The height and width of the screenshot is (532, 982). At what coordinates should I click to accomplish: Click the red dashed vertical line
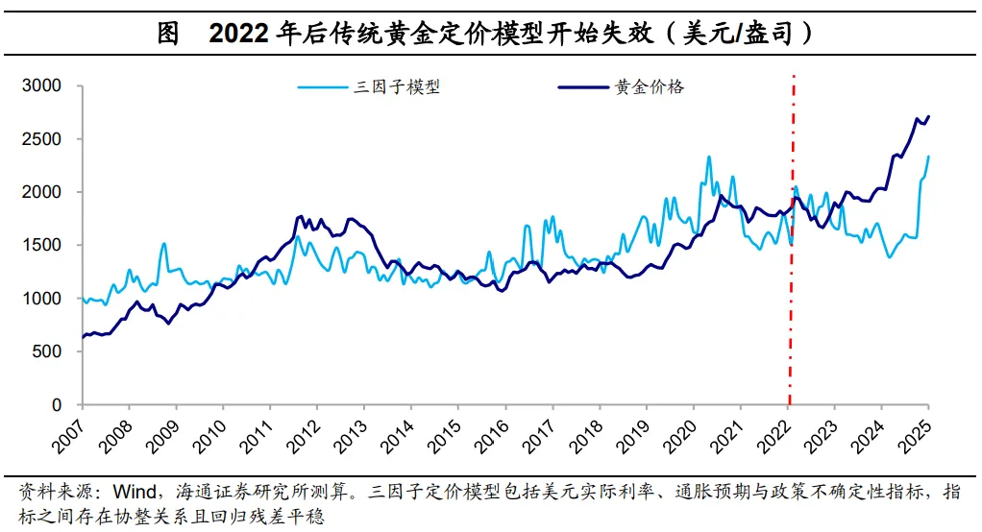791,288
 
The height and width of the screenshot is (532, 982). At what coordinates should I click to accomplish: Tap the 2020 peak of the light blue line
709,157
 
